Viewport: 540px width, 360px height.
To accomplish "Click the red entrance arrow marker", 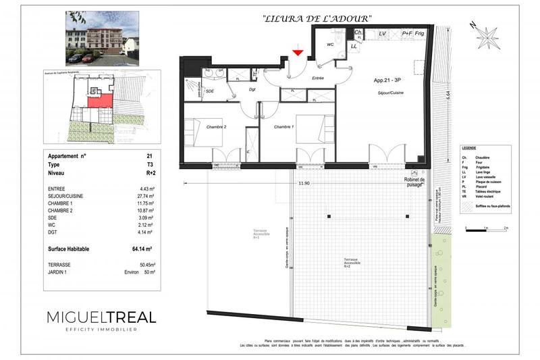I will pyautogui.click(x=298, y=52).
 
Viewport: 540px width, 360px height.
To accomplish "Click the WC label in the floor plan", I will pyautogui.click(x=330, y=45).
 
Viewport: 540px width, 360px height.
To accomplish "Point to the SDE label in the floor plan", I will pyautogui.click(x=210, y=91).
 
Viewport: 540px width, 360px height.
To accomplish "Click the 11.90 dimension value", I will pyautogui.click(x=304, y=183).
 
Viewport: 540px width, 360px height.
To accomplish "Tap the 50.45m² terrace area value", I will pyautogui.click(x=146, y=265).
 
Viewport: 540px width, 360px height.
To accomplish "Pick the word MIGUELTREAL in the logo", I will pyautogui.click(x=101, y=317).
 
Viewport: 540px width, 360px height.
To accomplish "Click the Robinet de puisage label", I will pyautogui.click(x=414, y=182).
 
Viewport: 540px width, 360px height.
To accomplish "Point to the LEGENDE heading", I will pyautogui.click(x=468, y=147).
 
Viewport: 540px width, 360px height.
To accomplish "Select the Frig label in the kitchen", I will pyautogui.click(x=419, y=33).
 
